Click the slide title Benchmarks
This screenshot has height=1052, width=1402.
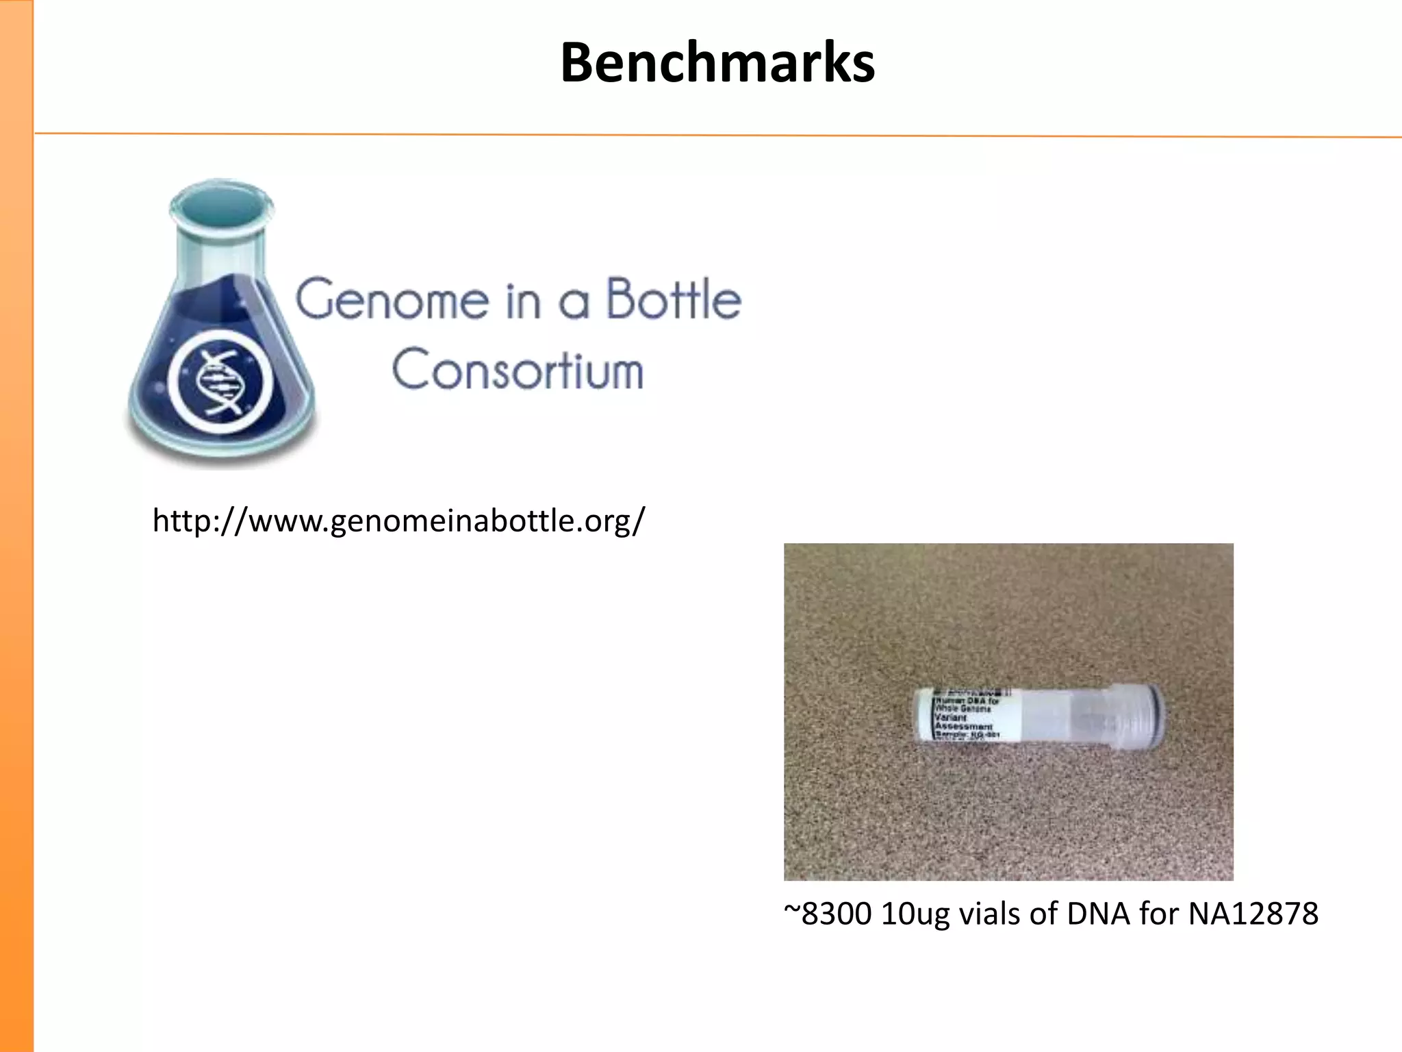[x=717, y=63]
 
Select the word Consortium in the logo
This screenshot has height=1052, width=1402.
[x=518, y=370]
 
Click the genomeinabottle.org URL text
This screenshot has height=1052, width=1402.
[x=398, y=521]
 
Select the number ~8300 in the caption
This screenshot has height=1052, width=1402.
[x=827, y=914]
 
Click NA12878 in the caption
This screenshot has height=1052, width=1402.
[x=1253, y=914]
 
